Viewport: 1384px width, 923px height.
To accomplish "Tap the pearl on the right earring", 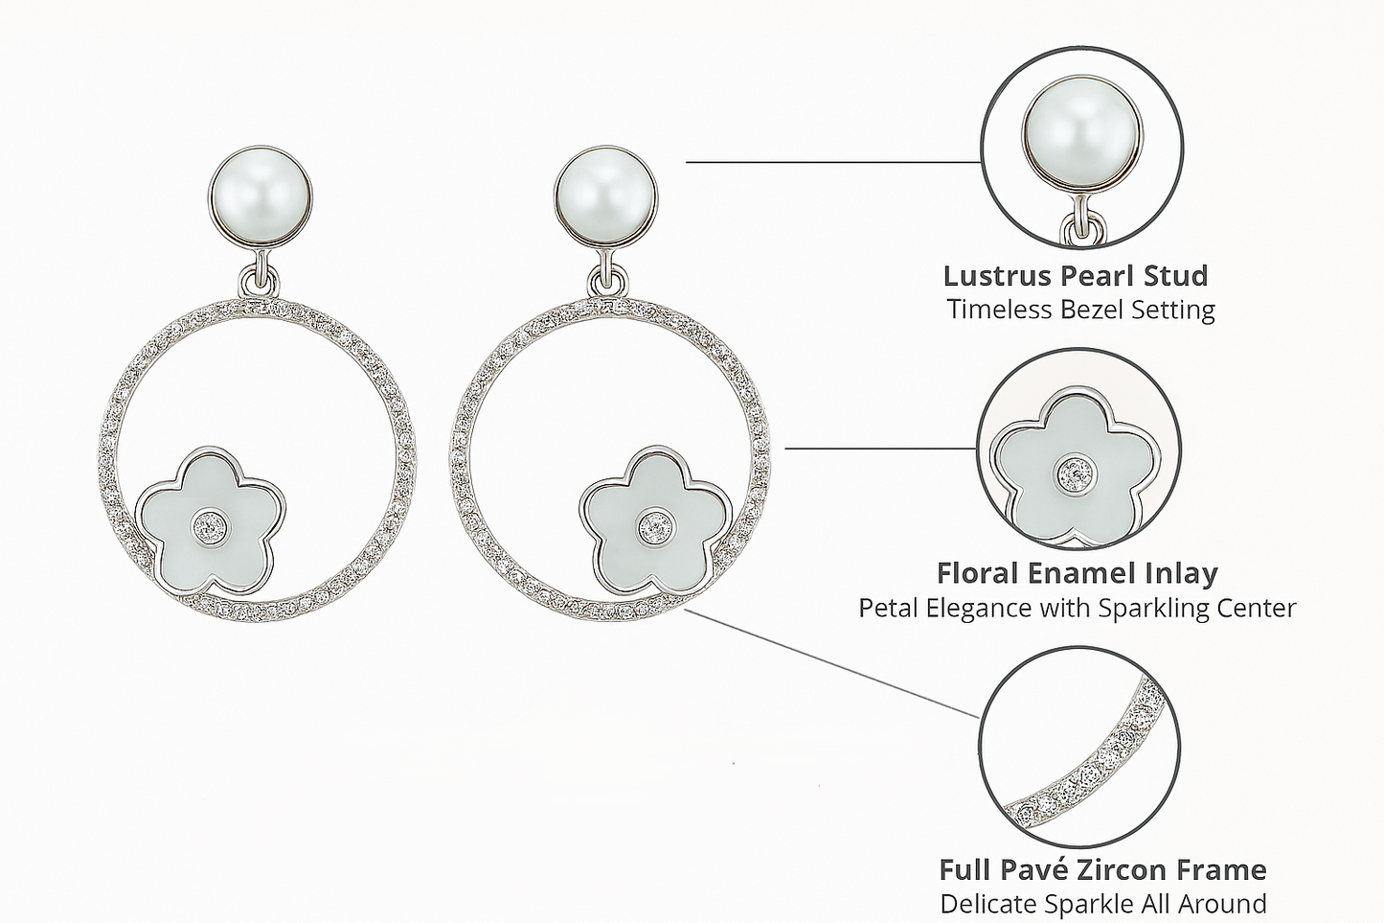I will coord(606,203).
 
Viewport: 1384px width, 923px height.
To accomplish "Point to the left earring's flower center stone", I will coord(210,525).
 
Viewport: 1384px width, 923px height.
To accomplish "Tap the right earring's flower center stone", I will coord(656,525).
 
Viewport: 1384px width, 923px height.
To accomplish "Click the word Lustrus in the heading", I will coord(999,276).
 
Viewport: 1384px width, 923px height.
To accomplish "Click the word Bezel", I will coord(1089,311).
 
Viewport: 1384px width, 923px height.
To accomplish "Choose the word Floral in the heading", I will coord(977,573).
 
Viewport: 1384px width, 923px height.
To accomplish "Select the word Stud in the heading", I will coord(1176,276).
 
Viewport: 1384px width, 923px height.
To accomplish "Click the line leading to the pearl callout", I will coord(833,162).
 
